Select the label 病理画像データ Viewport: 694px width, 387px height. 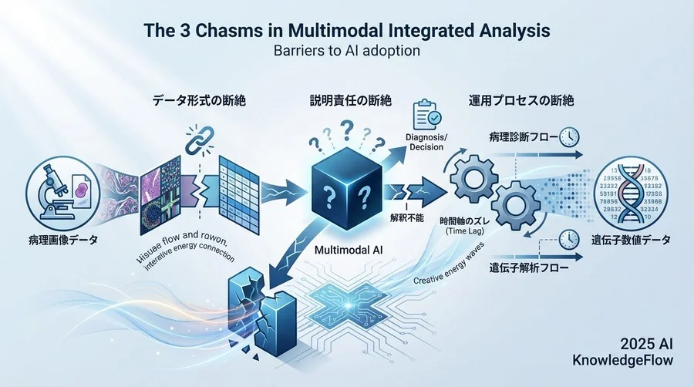pyautogui.click(x=52, y=241)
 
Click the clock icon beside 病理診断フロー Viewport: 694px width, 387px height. pyautogui.click(x=568, y=136)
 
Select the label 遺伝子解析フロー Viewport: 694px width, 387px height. pyautogui.click(x=527, y=271)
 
